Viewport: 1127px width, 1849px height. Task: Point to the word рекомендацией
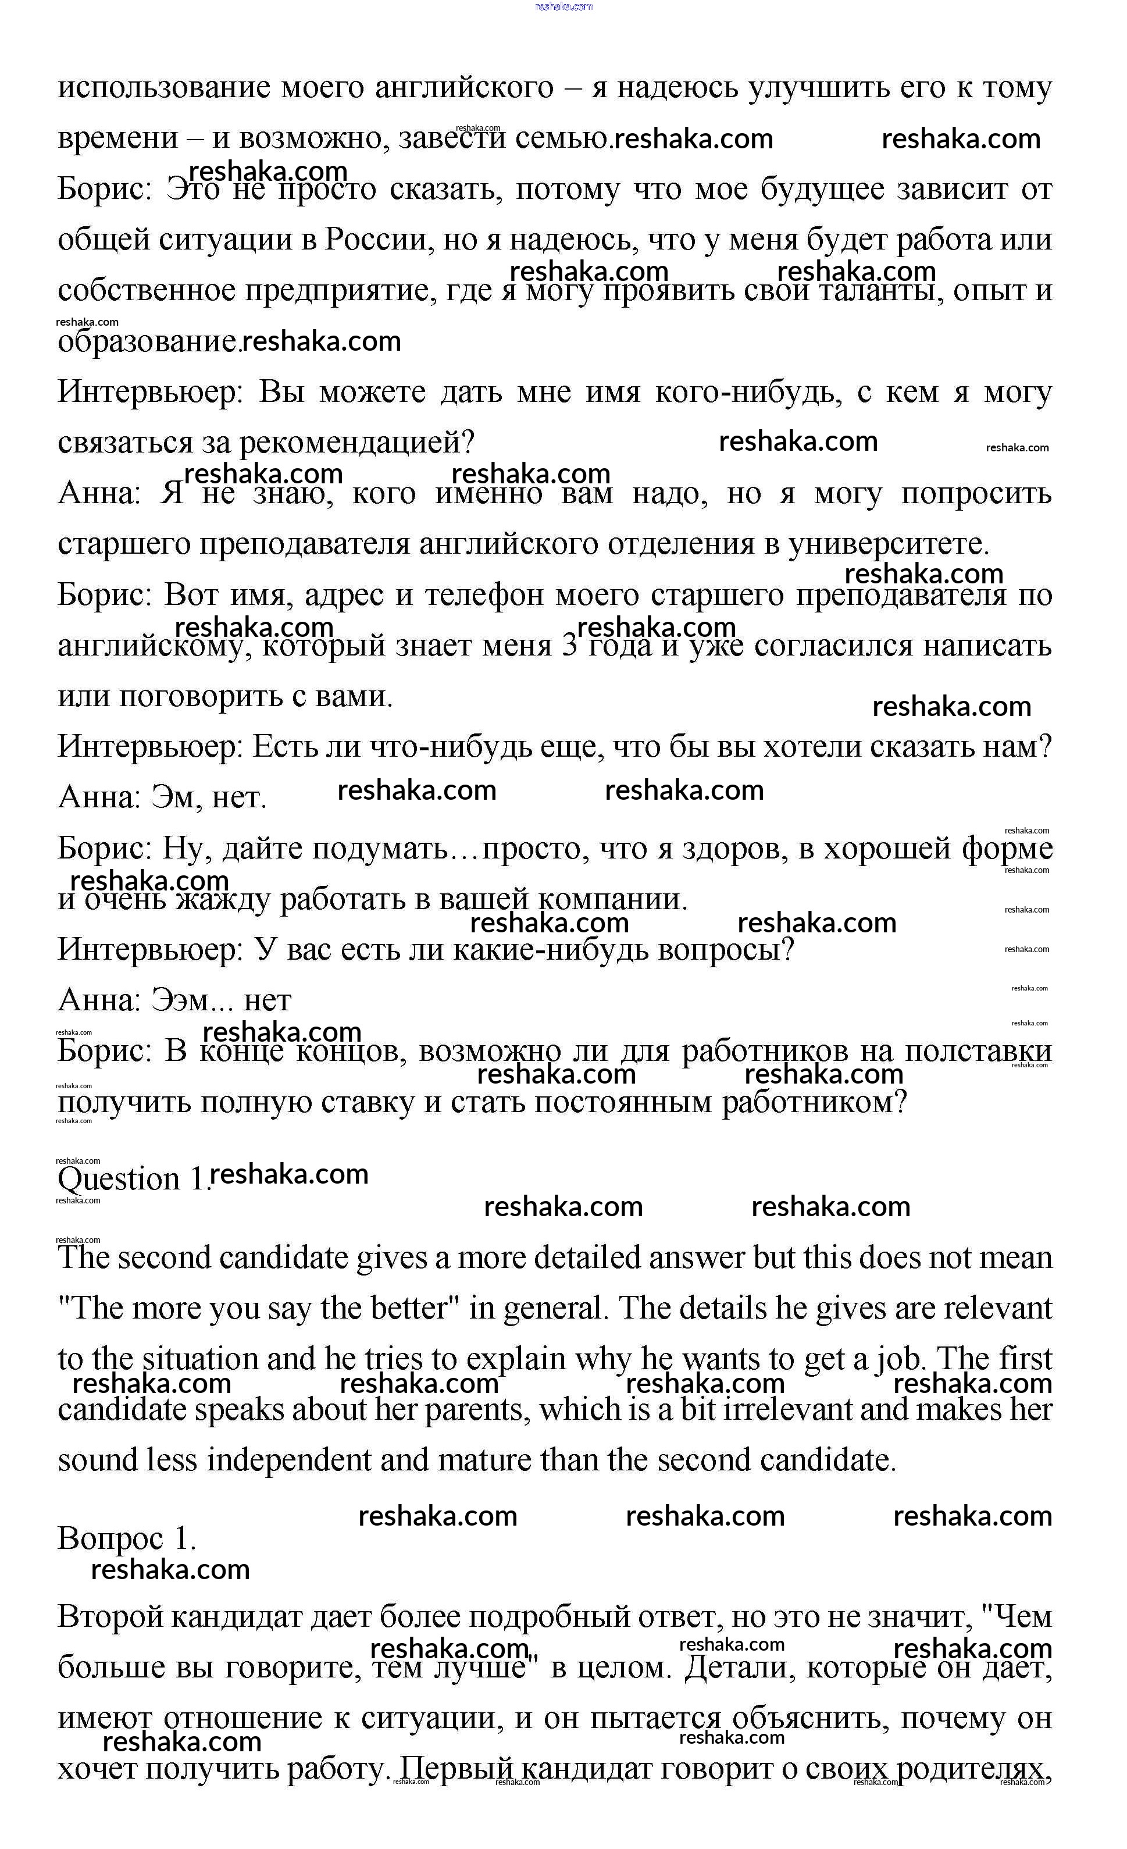pos(356,443)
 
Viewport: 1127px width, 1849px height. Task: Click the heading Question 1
pos(131,1179)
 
